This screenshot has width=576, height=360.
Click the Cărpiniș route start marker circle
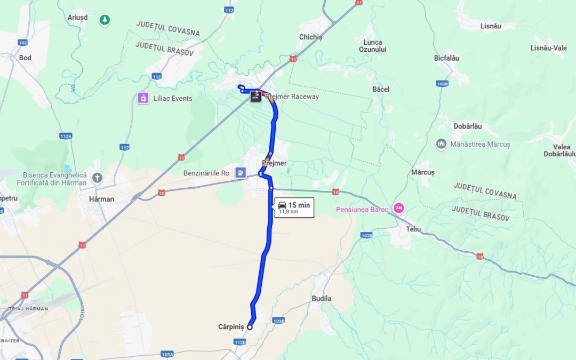point(250,327)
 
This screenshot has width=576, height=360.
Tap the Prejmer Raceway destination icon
point(255,97)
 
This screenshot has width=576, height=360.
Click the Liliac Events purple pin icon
point(143,98)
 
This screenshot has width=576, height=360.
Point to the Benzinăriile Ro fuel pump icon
point(241,173)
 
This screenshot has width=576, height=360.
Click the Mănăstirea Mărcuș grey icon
point(441,144)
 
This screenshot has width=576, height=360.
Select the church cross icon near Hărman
point(97,178)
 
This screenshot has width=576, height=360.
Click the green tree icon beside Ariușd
point(105,20)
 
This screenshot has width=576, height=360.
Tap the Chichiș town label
point(311,37)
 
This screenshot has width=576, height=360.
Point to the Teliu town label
point(413,229)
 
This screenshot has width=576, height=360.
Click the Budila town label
point(321,299)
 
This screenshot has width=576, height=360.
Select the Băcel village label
point(381,89)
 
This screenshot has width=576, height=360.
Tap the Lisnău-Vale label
point(548,48)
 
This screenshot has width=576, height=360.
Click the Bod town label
point(25,58)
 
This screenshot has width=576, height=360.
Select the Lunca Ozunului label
point(373,46)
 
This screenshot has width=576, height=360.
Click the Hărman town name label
point(101,199)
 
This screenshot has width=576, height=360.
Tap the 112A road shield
point(66,137)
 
